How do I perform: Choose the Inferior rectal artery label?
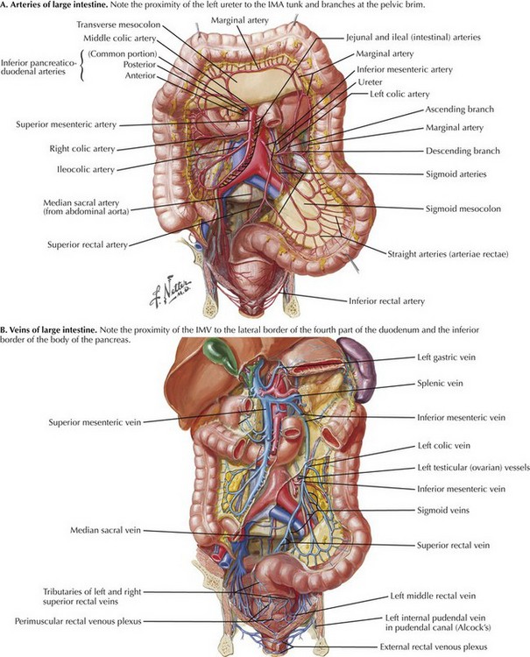[x=386, y=300]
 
